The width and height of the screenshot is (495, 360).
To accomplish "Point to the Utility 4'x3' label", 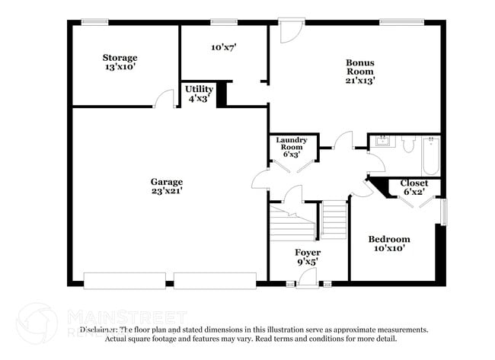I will click(x=200, y=94).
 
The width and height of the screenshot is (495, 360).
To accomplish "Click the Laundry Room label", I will click(x=291, y=146).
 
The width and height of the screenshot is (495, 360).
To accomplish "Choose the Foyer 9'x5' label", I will click(x=308, y=256).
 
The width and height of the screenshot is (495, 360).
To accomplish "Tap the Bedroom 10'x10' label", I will click(x=391, y=243).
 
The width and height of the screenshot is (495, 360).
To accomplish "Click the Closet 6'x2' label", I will click(x=414, y=187).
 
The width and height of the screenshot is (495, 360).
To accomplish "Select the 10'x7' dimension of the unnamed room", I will click(x=223, y=47).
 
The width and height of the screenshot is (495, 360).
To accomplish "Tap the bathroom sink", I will click(x=381, y=141).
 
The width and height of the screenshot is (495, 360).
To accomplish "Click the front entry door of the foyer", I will click(x=308, y=283).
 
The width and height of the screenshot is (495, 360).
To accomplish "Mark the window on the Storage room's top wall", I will click(x=95, y=21).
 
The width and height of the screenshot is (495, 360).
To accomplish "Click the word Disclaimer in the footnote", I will click(x=97, y=330).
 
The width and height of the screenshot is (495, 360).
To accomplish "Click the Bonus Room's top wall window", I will click(x=396, y=21).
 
